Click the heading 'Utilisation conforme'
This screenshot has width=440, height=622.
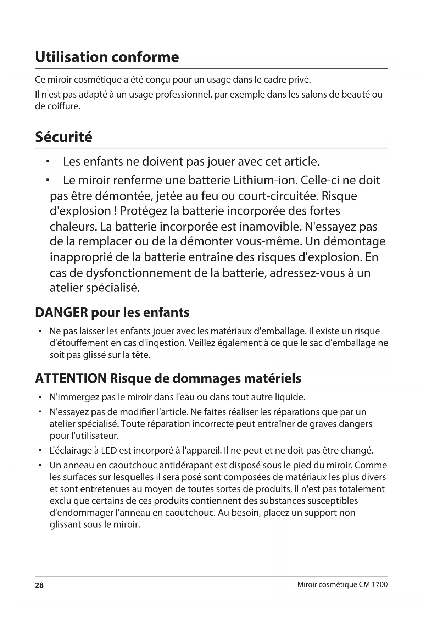click(107, 57)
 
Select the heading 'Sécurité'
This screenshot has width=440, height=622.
click(63, 137)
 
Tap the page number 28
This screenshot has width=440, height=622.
click(39, 585)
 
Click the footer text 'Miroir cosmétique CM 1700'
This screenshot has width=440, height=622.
click(342, 584)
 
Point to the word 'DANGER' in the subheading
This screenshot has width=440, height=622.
click(61, 312)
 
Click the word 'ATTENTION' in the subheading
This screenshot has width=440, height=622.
click(71, 378)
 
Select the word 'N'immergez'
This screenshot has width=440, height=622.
click(74, 397)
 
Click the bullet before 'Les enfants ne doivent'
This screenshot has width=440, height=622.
click(48, 162)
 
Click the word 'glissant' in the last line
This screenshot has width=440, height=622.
click(65, 524)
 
